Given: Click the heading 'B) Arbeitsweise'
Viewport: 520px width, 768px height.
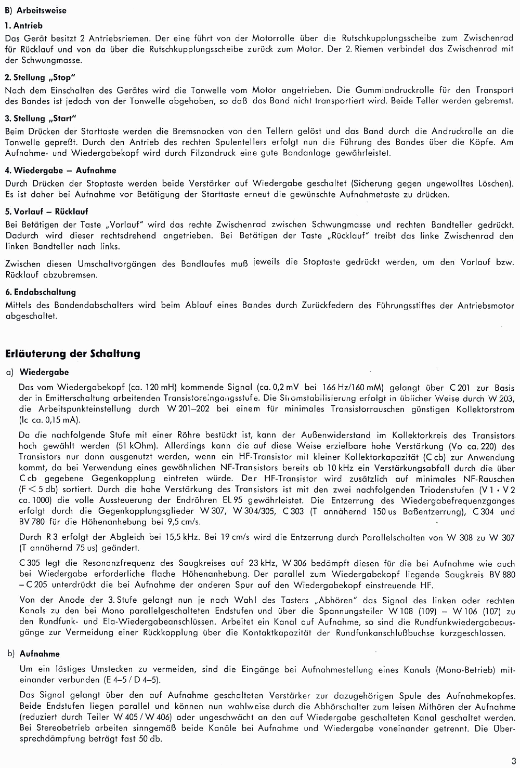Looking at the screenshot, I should point(35,10).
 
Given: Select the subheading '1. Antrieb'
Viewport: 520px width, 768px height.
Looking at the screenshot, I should point(23,25).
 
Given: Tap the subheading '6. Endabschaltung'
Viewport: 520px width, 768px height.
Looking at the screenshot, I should point(40,292).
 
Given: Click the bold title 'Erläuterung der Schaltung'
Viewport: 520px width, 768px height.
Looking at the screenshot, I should point(72,354).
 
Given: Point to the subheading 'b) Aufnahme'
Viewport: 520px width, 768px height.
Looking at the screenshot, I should point(34,654).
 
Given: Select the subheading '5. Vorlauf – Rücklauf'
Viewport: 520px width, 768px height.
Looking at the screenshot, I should point(46,211).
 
